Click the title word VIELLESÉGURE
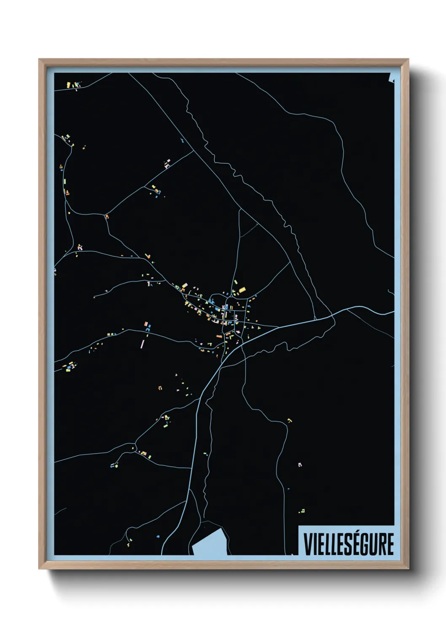349,544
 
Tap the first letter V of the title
307,544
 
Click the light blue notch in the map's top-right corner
392,78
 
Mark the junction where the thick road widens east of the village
333,314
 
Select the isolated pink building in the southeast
300,464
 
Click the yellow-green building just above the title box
303,511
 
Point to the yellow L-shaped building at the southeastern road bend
289,420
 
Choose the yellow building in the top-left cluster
68,85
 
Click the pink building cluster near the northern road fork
167,164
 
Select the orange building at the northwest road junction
107,217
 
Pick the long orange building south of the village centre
219,336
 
